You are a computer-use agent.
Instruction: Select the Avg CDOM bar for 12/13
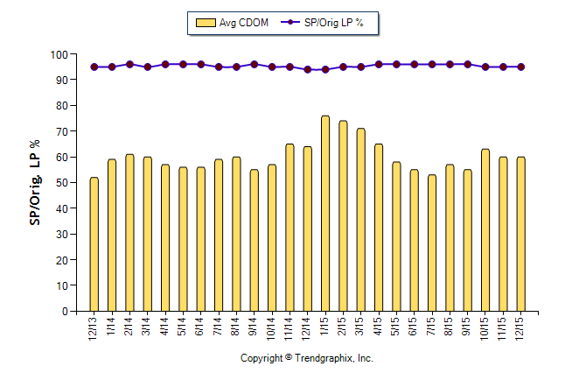tap(94, 244)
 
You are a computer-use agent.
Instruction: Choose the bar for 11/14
tap(289, 228)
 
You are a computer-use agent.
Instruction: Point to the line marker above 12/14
tap(307, 69)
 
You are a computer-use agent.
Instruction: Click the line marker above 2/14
tap(129, 64)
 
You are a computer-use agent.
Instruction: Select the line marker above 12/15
tap(521, 67)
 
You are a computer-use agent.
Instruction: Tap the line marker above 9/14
tap(254, 64)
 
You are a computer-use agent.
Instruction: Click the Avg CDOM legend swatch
tap(206, 23)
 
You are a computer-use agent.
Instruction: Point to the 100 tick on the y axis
tap(59, 54)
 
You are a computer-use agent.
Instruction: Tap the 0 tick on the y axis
tap(64, 312)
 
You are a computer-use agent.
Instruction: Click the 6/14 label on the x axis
tap(201, 326)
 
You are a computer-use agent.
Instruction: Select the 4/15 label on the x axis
tap(379, 326)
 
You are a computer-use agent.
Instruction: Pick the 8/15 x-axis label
tap(450, 326)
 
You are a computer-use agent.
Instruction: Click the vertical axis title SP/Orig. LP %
tap(35, 183)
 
